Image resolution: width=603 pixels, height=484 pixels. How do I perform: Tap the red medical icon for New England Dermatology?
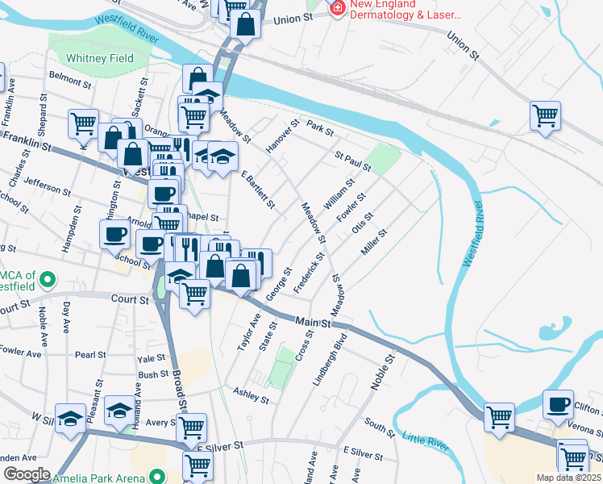tap(337, 9)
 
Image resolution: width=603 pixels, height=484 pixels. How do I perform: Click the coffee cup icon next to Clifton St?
tap(558, 404)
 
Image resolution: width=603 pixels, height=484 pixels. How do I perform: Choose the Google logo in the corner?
tap(26, 474)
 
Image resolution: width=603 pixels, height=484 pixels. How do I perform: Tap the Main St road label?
tap(314, 322)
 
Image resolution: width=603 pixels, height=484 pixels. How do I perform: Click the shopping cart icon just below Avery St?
tap(191, 428)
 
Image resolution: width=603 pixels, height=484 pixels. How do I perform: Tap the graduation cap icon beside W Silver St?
tap(70, 418)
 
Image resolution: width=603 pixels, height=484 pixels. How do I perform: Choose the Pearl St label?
tap(90, 355)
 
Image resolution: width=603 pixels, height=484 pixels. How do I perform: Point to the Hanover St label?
tap(282, 135)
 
